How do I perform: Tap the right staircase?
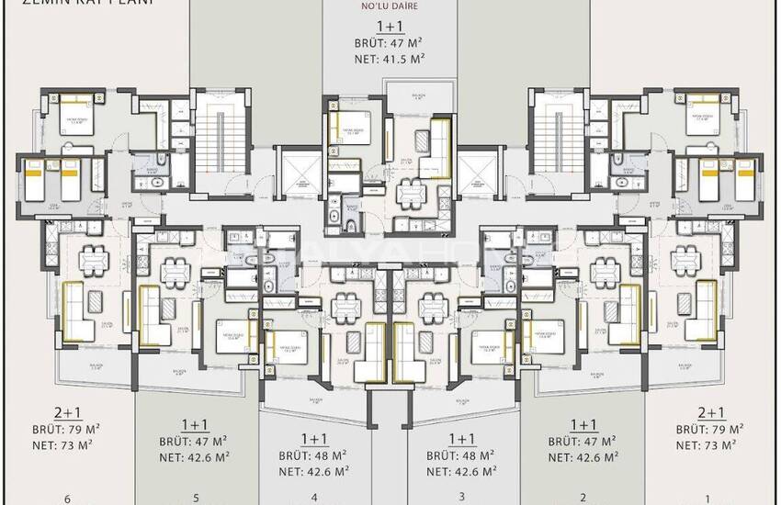point(559,142)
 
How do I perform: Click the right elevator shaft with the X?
point(481,175)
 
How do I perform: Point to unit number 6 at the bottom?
point(67,499)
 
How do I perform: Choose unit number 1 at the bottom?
point(707,499)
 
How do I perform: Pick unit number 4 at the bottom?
point(314,499)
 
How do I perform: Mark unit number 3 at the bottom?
point(462,499)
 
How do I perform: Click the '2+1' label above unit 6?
point(66,413)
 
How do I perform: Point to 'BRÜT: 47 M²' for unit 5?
point(194,441)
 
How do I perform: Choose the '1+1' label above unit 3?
point(462,439)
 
